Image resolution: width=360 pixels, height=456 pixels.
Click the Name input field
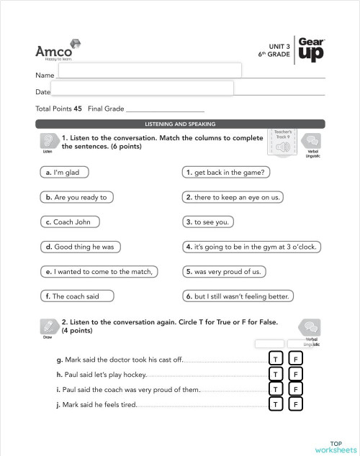pyautogui.click(x=149, y=70)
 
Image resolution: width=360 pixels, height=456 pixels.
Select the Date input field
pyautogui.click(x=142, y=88)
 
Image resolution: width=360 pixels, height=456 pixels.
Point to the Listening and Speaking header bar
pyautogui.click(x=180, y=124)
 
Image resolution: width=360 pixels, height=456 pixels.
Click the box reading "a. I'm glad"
pyautogui.click(x=61, y=173)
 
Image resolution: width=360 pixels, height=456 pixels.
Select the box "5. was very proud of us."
pyautogui.click(x=222, y=271)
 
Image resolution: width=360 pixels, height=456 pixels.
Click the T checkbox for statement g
pyautogui.click(x=274, y=359)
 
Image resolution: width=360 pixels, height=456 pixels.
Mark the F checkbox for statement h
pyautogui.click(x=294, y=374)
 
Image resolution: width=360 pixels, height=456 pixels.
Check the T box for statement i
pyautogui.click(x=274, y=389)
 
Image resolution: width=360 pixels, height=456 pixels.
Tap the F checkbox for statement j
pyautogui.click(x=294, y=404)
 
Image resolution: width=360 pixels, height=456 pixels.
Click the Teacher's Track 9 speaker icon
pyautogui.click(x=282, y=147)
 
